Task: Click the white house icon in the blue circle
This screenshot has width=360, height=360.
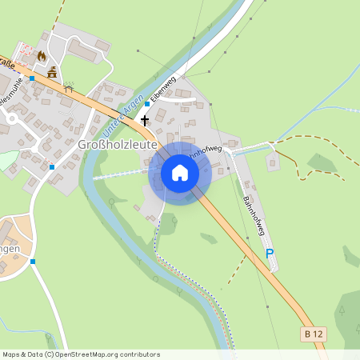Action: tap(180, 172)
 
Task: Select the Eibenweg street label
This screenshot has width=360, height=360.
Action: tap(162, 90)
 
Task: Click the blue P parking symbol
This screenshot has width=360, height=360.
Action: tap(270, 254)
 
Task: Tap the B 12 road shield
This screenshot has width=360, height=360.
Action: tap(314, 332)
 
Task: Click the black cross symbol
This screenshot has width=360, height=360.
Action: tap(145, 120)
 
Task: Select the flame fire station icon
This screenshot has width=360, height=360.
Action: tap(41, 56)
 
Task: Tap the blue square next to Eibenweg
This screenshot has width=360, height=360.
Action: tap(147, 103)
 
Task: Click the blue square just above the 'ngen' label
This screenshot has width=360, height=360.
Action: tap(33, 261)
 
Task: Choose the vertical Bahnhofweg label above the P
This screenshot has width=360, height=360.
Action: tap(255, 216)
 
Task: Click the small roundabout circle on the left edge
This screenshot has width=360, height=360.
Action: tap(10, 119)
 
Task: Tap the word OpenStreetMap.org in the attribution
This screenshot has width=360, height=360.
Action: tap(87, 354)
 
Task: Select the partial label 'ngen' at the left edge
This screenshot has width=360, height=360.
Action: tap(10, 249)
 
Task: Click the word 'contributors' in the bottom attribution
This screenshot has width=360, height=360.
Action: tap(139, 354)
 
